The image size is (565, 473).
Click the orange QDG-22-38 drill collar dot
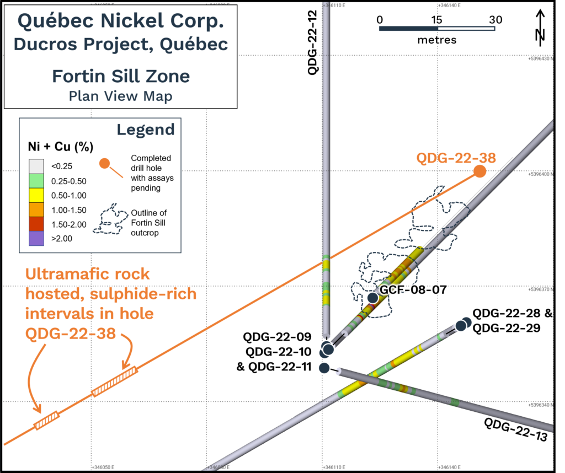point(479,171)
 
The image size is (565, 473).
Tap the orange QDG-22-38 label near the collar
point(456,158)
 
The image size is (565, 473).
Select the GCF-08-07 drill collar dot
point(372,298)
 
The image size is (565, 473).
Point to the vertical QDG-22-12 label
point(313,44)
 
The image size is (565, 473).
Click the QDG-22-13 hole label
point(515,431)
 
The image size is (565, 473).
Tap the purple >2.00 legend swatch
point(36,238)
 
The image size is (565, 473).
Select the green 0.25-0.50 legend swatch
point(36,180)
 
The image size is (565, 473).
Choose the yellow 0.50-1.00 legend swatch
point(36,195)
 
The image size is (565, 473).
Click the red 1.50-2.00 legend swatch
point(36,224)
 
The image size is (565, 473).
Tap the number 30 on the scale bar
point(495,19)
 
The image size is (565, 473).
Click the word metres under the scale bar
point(436,40)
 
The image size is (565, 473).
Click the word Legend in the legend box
point(145,130)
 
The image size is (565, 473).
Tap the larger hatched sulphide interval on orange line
point(114,382)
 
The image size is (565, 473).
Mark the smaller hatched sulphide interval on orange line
point(46,420)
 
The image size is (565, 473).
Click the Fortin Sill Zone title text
point(120,76)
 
